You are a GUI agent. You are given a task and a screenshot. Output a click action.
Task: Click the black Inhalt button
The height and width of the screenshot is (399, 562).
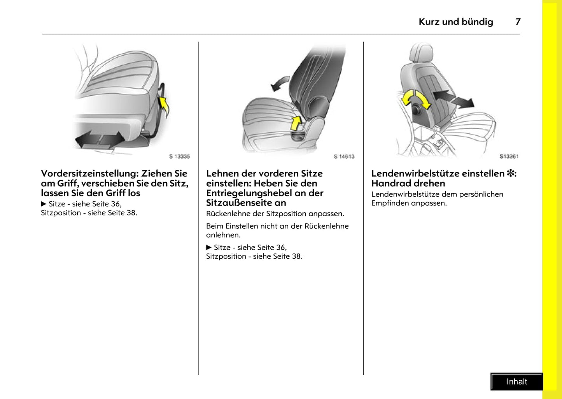[x=516, y=381]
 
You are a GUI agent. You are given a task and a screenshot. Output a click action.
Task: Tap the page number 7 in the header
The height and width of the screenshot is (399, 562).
[x=518, y=22]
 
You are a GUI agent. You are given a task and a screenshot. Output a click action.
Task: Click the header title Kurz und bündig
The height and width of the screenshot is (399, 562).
[x=455, y=22]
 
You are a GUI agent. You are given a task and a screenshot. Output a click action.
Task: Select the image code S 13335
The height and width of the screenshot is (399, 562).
[x=179, y=156]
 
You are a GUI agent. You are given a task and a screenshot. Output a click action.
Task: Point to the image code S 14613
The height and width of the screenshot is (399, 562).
[x=344, y=156]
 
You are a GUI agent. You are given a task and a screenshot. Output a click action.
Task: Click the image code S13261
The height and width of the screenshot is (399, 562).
[x=509, y=156]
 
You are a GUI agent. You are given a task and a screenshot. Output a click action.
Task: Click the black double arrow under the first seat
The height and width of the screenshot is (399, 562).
[x=100, y=139]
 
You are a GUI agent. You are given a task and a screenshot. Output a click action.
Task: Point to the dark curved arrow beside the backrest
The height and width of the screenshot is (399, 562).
[x=280, y=83]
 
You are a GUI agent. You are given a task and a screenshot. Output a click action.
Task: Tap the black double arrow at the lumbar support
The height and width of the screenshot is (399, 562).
[x=453, y=99]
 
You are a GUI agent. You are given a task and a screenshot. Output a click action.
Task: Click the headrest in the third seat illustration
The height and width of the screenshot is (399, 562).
[x=421, y=52]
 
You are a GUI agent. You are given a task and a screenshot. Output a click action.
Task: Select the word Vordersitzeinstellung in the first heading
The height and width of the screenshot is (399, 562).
[x=89, y=173]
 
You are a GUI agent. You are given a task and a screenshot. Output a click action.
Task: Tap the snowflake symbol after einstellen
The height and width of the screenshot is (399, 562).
[x=510, y=173]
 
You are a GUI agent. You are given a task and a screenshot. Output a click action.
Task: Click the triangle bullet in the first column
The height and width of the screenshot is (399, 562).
[x=44, y=204]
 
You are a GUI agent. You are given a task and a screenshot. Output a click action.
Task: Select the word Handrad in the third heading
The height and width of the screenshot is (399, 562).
[x=389, y=183]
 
